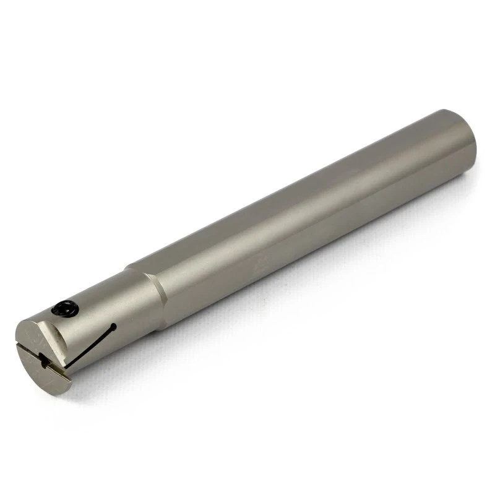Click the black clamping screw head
click(x=64, y=308)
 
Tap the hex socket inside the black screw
click(x=64, y=308)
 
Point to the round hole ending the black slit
click(x=113, y=327)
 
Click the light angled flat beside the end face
click(x=65, y=334)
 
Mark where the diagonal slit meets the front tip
click(x=67, y=366)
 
